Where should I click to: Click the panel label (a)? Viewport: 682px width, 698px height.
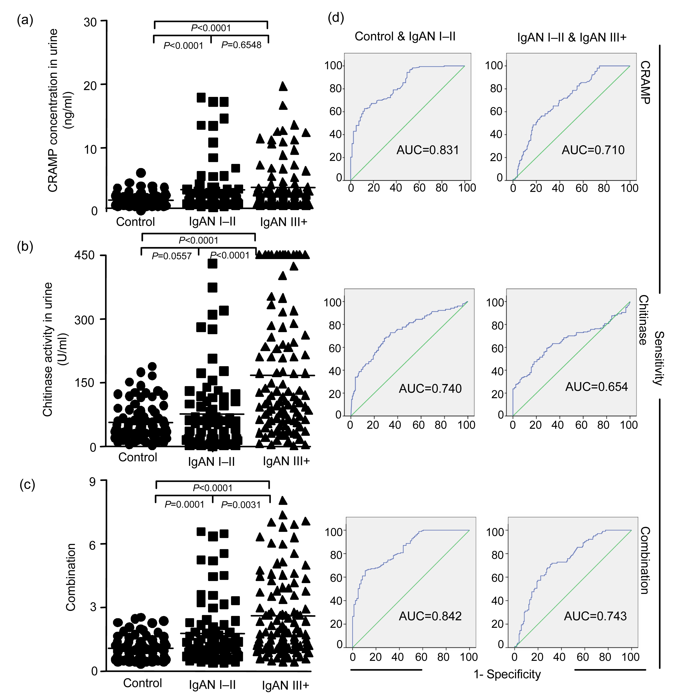(x=25, y=20)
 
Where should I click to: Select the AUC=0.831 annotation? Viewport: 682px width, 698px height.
(x=428, y=150)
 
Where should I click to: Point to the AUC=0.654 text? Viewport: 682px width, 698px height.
(x=596, y=387)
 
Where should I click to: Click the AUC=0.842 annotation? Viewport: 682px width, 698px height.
(x=430, y=616)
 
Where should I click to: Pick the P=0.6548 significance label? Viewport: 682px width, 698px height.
(x=241, y=45)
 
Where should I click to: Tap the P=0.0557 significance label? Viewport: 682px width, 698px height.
(x=172, y=256)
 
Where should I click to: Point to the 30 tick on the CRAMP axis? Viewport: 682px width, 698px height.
(x=90, y=22)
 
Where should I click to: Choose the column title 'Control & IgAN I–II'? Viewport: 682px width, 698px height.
(x=405, y=37)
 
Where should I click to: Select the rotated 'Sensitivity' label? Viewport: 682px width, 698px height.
(x=659, y=358)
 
